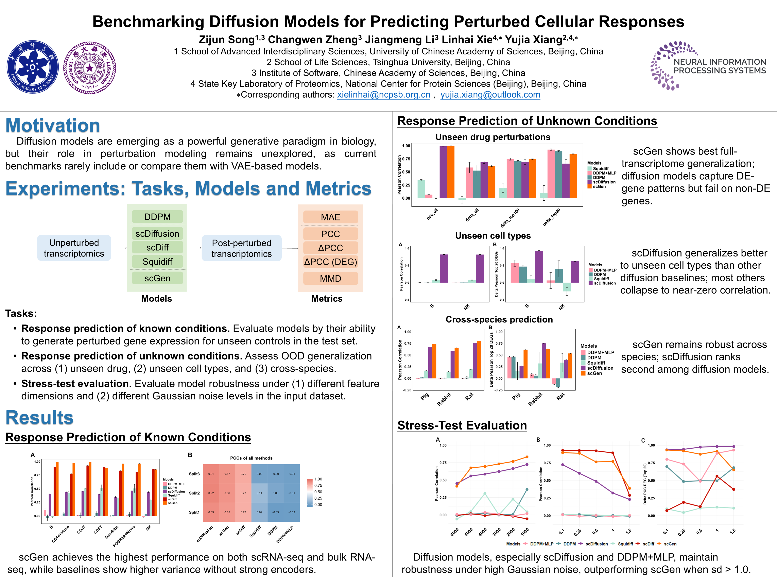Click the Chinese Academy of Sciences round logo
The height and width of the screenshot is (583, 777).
(x=33, y=67)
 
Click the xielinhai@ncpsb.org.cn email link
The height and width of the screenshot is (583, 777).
(x=384, y=95)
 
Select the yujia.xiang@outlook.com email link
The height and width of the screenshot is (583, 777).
(x=490, y=95)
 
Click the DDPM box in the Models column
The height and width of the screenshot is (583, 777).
(x=157, y=217)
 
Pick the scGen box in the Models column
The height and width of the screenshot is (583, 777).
(x=157, y=278)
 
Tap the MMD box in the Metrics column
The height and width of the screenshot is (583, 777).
(x=330, y=279)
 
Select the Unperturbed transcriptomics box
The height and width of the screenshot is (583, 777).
(x=74, y=248)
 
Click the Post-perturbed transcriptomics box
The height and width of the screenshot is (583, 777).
(x=242, y=248)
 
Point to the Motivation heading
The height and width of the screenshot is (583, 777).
(x=53, y=126)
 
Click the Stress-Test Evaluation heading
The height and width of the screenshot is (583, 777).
(x=462, y=425)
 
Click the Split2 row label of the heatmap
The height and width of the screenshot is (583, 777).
(x=194, y=493)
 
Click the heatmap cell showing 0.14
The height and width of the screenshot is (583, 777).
(x=259, y=493)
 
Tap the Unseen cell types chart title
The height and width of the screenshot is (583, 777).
(x=493, y=236)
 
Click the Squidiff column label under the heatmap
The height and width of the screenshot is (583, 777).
(x=255, y=531)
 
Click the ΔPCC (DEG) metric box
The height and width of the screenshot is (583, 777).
(x=330, y=262)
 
